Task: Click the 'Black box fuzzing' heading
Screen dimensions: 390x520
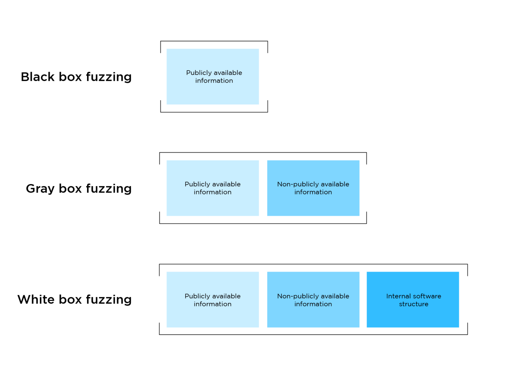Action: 76,77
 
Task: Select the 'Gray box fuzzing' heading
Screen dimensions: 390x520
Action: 79,188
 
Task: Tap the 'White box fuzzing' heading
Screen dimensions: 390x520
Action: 74,300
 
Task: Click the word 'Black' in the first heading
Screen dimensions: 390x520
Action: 38,77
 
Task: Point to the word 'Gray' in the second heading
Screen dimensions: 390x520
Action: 40,188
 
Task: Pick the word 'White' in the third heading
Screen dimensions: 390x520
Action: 36,300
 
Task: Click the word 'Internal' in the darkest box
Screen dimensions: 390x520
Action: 398,296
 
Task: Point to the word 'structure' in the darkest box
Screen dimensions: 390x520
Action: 413,304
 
